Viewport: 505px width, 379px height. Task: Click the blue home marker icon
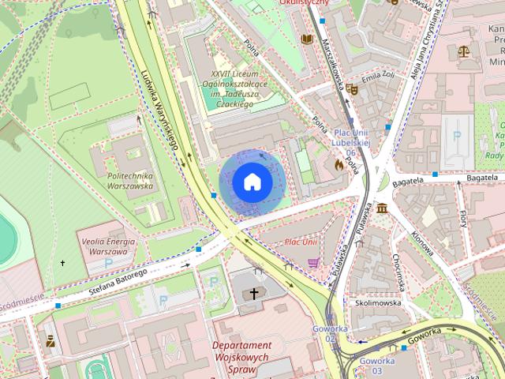click(x=252, y=182)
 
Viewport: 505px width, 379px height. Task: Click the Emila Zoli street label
click(x=376, y=80)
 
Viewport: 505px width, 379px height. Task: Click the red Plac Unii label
click(x=301, y=242)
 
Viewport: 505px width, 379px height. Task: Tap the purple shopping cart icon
click(x=313, y=263)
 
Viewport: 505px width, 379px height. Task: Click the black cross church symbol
click(x=254, y=294)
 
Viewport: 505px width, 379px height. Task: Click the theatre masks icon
click(x=352, y=91)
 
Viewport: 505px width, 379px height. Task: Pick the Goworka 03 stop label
click(x=371, y=366)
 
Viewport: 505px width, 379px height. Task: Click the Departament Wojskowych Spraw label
click(x=241, y=356)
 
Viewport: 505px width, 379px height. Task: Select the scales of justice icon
click(x=463, y=51)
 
